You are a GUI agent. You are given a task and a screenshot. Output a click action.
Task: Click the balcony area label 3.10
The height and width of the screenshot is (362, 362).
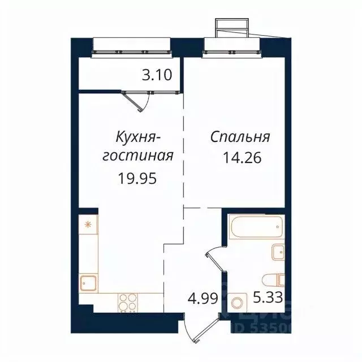coord(157,75)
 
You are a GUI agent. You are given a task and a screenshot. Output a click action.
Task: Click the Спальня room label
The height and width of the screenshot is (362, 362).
coord(240,137)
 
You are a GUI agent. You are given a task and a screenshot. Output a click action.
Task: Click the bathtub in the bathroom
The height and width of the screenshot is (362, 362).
coord(255,229)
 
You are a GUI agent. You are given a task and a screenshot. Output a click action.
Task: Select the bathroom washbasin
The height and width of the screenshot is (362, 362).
coord(277,252)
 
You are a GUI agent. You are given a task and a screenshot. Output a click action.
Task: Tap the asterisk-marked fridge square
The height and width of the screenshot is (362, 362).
coord(88,224)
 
